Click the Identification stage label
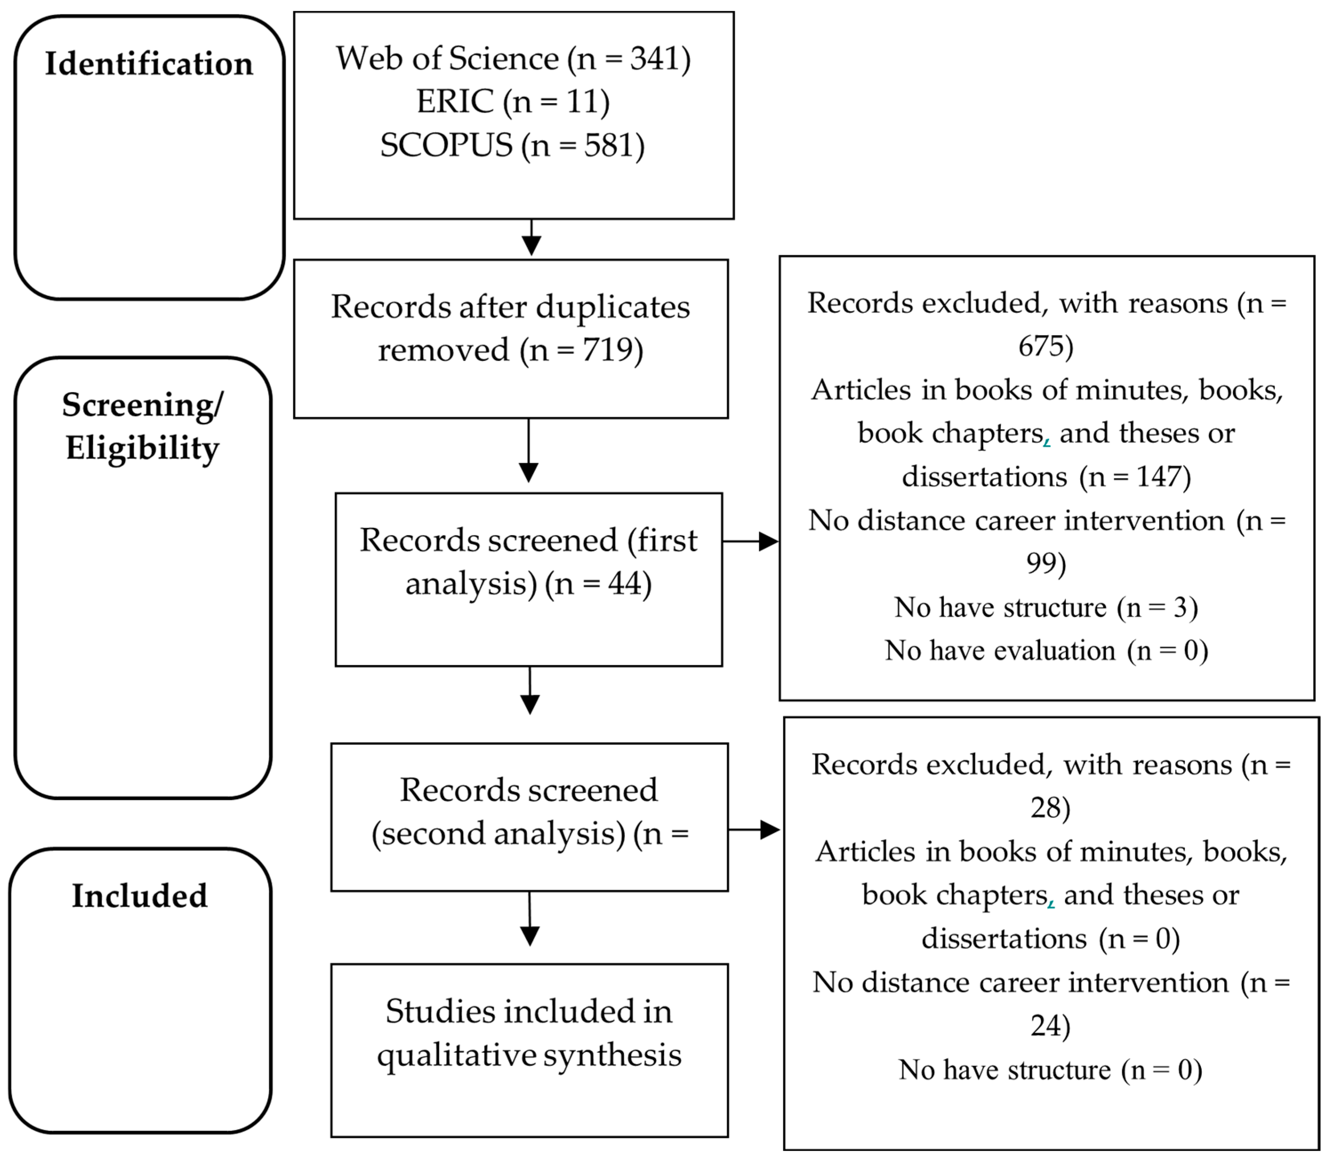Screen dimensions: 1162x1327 coord(149,64)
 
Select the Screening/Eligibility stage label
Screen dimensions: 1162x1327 coord(142,426)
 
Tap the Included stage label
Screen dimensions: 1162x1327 coord(139,896)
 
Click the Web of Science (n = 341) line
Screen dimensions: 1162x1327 coord(512,58)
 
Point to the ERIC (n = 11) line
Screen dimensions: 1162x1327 coord(512,102)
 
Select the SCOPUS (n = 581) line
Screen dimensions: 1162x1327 coord(512,145)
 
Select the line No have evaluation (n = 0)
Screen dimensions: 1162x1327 coord(1046,650)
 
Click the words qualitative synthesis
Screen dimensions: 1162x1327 coord(529,1055)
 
